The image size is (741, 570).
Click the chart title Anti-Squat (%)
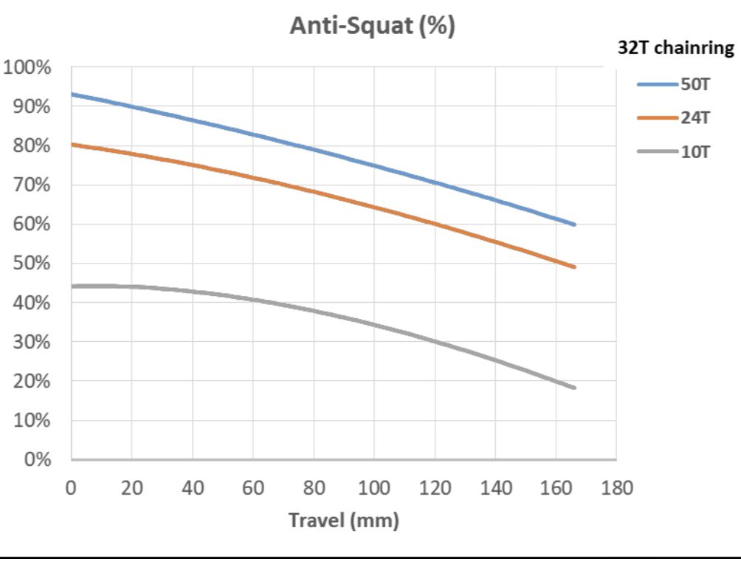pos(372,27)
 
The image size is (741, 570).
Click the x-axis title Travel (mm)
pos(343,520)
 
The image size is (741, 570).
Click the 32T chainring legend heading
pos(675,49)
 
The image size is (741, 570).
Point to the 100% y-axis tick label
pos(27,68)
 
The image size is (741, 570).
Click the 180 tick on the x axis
pos(616,488)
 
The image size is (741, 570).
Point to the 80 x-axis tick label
pos(313,488)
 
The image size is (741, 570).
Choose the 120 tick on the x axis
pos(434,488)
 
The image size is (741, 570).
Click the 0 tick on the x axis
pos(71,488)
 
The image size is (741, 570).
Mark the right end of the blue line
pos(574,224)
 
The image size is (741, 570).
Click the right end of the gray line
pos(574,388)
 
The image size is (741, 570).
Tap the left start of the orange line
pos(72,144)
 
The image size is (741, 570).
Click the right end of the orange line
pos(574,267)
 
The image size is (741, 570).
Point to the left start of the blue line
pos(72,94)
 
